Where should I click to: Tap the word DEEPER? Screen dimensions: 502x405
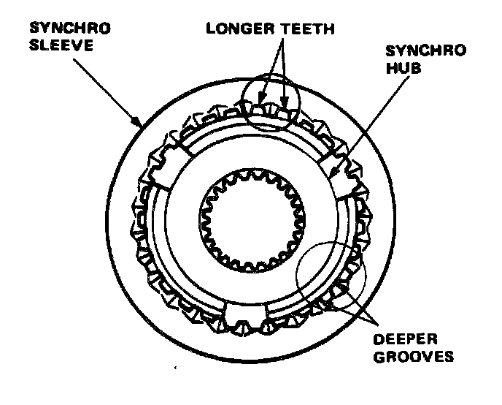pyautogui.click(x=405, y=340)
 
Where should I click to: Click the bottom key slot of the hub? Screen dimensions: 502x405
pyautogui.click(x=244, y=317)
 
